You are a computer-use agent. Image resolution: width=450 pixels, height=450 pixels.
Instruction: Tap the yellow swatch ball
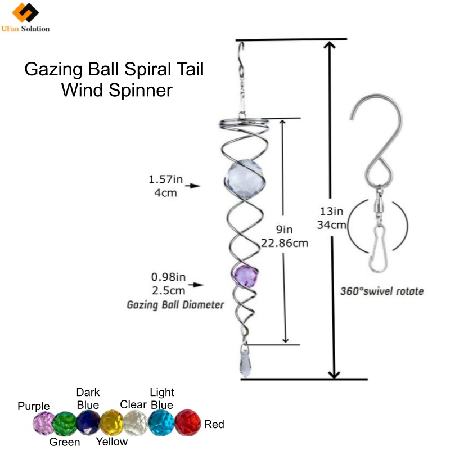tap(111, 422)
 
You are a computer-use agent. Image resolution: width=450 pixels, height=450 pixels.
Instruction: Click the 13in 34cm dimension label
tap(332, 218)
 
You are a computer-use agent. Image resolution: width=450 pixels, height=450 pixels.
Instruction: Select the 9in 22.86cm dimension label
tap(285, 236)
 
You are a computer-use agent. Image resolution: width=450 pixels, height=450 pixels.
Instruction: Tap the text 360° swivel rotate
tap(382, 291)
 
